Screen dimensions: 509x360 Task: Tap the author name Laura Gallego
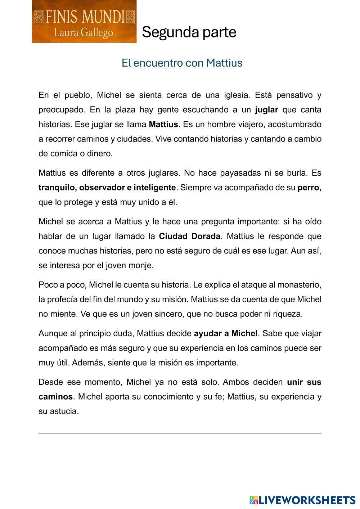(84, 33)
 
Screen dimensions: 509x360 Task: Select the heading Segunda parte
(189, 32)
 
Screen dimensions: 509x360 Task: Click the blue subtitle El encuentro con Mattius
(182, 63)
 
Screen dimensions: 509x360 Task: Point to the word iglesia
(236, 95)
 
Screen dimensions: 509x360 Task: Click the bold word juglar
(266, 110)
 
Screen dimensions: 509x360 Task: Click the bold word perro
(308, 188)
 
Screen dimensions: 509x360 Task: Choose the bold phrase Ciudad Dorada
(189, 236)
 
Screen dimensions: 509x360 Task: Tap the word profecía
(62, 299)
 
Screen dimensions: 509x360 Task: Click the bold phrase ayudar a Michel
(226, 333)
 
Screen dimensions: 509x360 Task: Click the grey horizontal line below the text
(180, 433)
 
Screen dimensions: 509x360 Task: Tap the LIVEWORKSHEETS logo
(302, 500)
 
